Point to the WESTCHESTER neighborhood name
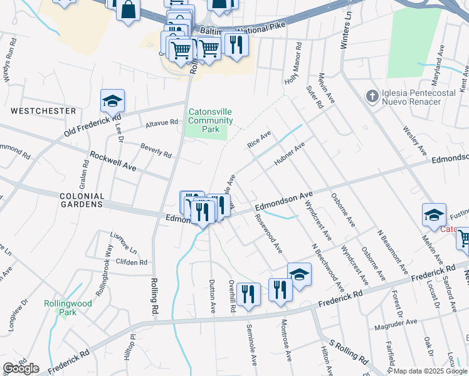pos(43,111)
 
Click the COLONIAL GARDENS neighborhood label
pos(82,200)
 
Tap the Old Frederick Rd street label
pos(92,126)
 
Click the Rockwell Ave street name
pos(113,161)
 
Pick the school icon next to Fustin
pos(434,215)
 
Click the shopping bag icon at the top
pos(128,10)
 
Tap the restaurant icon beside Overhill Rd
pos(248,294)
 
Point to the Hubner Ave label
pos(289,154)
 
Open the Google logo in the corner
pos(21,368)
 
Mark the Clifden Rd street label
pos(131,263)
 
